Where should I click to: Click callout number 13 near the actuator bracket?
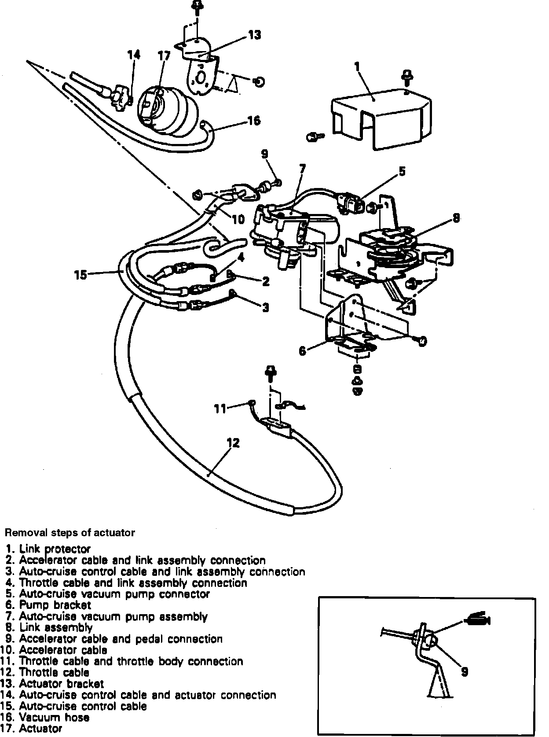click(255, 35)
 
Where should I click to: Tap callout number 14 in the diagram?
click(134, 55)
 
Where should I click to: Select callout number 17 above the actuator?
click(164, 56)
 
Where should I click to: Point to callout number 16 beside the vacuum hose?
click(254, 120)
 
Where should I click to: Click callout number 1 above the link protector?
click(357, 66)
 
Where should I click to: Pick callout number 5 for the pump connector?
click(402, 171)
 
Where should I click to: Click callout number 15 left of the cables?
click(81, 275)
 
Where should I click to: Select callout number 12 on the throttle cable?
click(233, 442)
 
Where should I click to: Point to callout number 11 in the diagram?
click(220, 409)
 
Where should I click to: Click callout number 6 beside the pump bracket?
click(302, 351)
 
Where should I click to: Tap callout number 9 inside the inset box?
click(464, 671)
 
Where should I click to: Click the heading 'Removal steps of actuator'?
click(70, 533)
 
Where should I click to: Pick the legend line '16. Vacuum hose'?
click(48, 718)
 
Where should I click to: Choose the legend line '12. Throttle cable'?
click(48, 673)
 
